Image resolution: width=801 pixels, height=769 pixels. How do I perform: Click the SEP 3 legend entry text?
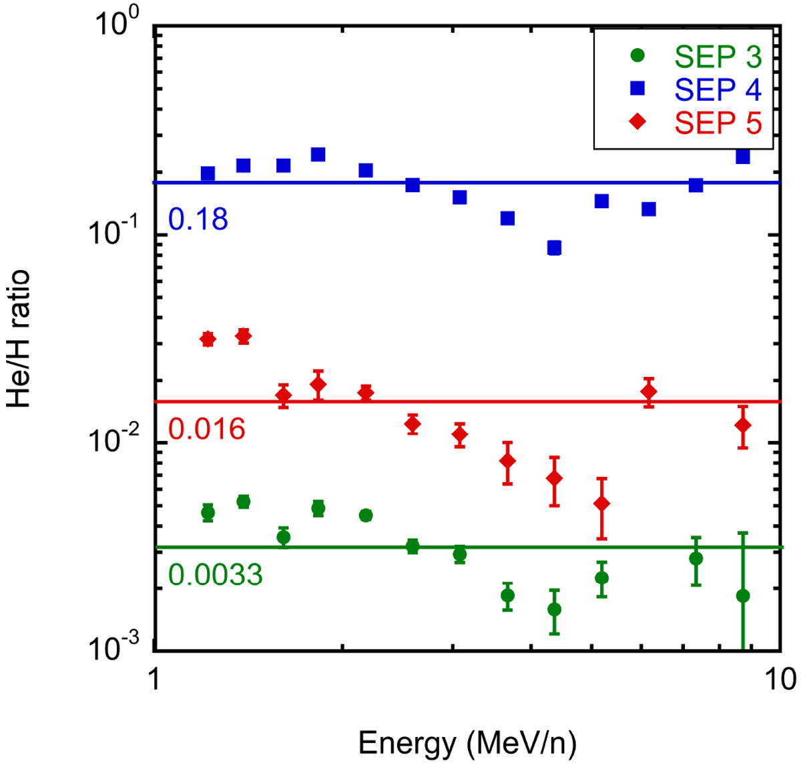tap(718, 57)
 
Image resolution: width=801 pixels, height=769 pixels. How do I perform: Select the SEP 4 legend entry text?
tap(718, 89)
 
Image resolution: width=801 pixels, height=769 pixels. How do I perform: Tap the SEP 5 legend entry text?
tap(718, 122)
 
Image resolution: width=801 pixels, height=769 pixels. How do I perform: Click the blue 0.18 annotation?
tap(198, 219)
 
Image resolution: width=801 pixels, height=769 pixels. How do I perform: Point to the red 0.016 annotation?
tap(207, 429)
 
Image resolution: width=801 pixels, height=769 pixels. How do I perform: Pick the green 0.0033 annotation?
tap(216, 575)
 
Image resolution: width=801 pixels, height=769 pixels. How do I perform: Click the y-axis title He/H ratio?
tap(19, 338)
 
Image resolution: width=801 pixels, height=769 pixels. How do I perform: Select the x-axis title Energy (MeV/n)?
tap(467, 743)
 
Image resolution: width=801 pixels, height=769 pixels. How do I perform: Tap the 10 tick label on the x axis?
tap(780, 679)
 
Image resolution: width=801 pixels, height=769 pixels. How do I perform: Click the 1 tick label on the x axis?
tap(154, 679)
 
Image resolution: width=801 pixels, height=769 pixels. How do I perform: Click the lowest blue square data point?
tap(554, 248)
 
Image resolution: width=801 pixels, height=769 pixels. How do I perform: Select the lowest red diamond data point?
tap(602, 504)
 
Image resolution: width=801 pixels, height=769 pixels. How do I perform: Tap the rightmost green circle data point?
tap(743, 596)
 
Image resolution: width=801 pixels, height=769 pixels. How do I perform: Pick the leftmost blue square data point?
tap(208, 173)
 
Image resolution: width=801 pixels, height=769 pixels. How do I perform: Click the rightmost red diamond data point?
tap(743, 426)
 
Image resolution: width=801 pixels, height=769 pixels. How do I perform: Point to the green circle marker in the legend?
tap(639, 57)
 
